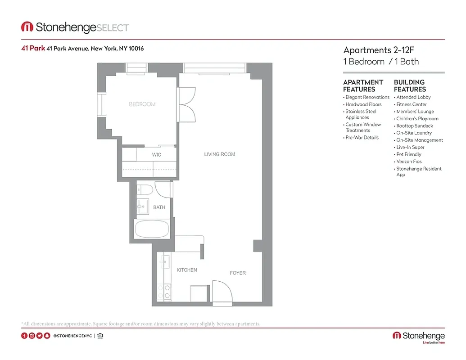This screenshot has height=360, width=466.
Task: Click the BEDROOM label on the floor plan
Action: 142,104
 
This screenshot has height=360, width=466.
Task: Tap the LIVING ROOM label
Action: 220,154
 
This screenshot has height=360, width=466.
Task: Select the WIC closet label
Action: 156,155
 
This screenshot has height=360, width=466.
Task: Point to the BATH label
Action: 159,207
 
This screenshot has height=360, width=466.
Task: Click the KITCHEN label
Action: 186,270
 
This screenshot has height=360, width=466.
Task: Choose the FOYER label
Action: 238,273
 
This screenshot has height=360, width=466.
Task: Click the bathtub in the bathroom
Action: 152,229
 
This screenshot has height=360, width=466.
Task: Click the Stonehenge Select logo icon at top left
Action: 27,27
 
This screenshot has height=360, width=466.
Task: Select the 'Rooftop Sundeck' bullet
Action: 415,126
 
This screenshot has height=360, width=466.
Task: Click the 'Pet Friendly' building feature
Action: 409,154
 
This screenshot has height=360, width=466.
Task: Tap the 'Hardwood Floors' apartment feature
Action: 363,104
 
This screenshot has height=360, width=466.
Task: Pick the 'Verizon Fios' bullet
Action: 409,162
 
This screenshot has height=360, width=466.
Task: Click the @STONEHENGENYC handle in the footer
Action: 73,336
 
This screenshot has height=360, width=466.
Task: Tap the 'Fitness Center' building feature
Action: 412,104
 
